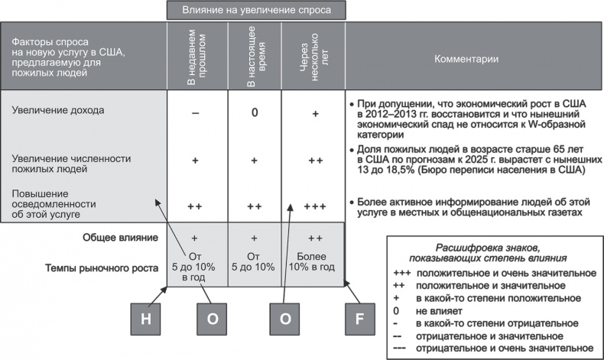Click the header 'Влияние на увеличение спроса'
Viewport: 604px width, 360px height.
(x=255, y=10)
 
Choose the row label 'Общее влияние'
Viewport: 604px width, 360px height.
(x=120, y=237)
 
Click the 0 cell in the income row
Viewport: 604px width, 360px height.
(x=255, y=112)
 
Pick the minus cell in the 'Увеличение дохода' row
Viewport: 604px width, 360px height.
(x=196, y=112)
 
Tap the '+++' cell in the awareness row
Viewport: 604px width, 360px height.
(x=314, y=206)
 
